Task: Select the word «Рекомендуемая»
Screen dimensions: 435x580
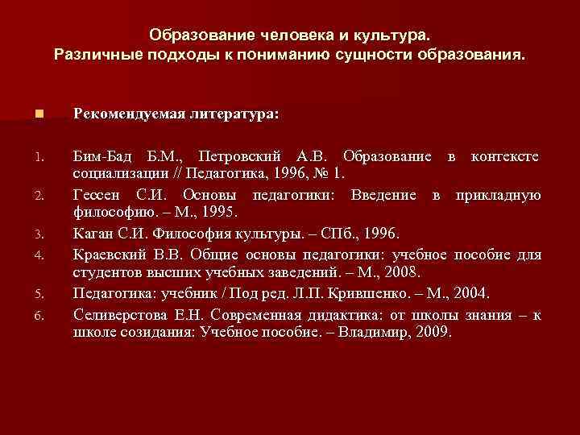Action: [x=122, y=114]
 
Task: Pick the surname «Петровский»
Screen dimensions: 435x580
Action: [x=241, y=155]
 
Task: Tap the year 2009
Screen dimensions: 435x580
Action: [x=436, y=330]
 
